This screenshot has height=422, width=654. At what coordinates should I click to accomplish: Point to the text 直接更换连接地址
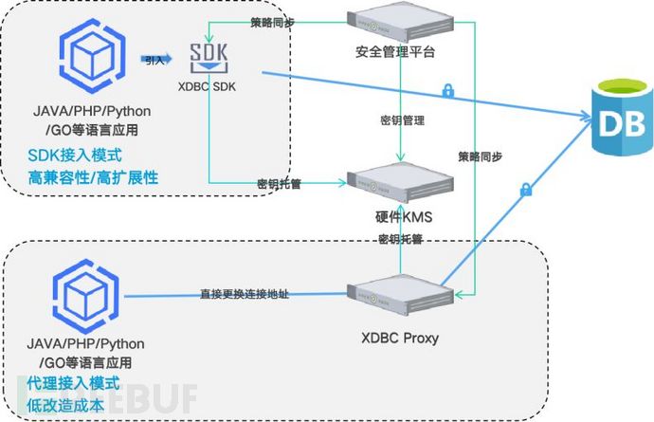[245, 295]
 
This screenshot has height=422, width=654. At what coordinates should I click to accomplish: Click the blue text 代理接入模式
[71, 383]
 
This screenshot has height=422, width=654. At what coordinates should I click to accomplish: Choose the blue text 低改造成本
[65, 405]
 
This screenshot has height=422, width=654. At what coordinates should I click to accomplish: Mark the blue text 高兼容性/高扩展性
[92, 177]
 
